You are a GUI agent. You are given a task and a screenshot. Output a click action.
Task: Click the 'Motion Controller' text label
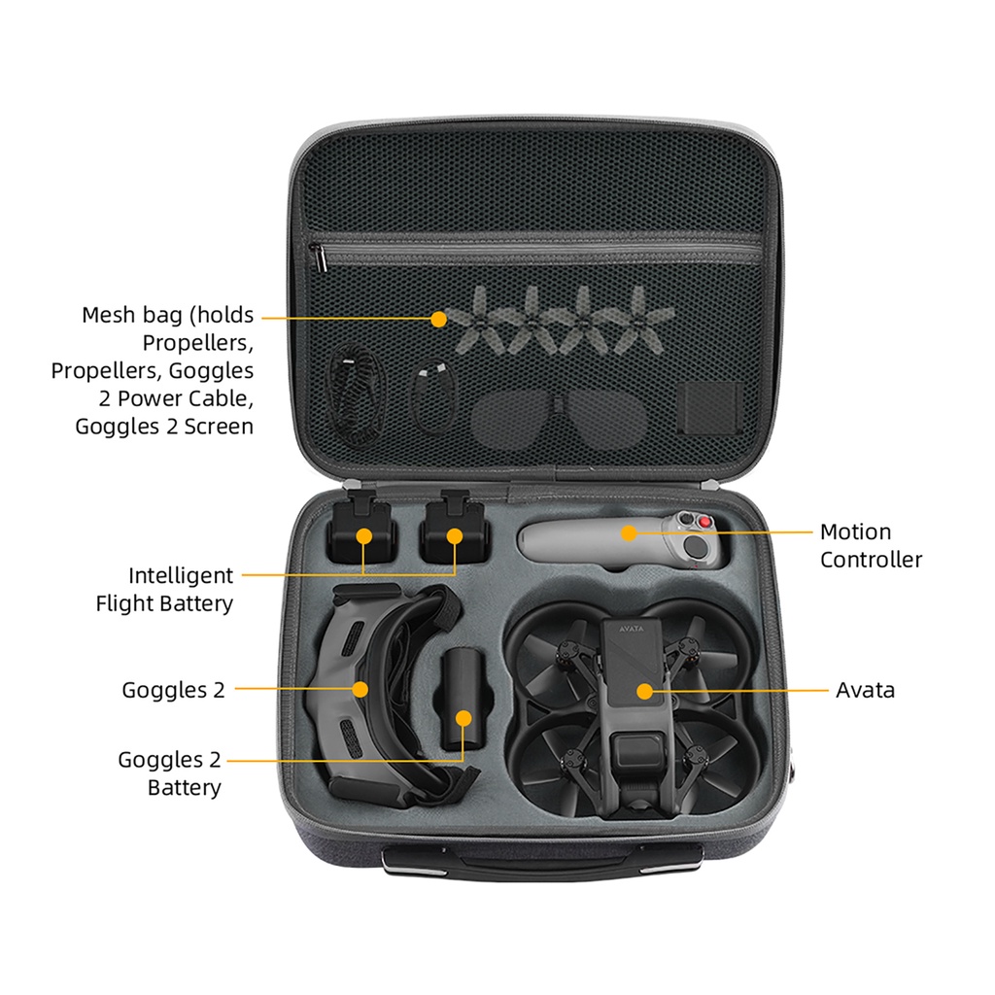[871, 545]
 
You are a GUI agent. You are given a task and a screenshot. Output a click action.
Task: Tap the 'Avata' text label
[865, 690]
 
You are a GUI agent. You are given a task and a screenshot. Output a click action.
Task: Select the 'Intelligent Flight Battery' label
[165, 589]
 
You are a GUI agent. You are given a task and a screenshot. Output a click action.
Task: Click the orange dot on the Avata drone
[643, 690]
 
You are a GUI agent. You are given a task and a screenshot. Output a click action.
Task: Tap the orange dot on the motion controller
[630, 532]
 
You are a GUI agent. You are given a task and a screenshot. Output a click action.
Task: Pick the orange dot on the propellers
[439, 318]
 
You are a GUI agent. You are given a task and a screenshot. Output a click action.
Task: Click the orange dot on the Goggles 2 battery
[464, 719]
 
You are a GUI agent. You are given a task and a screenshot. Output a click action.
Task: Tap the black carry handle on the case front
[542, 861]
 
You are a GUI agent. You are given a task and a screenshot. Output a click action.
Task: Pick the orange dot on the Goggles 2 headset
[360, 689]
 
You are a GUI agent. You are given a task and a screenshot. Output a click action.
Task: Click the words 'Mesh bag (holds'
[167, 315]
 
